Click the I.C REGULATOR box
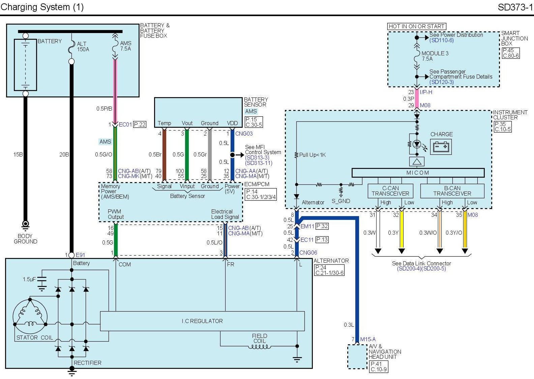coord(202,321)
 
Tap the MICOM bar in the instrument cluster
coord(418,173)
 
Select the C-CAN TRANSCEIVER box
coord(390,191)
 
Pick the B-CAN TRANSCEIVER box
coord(452,191)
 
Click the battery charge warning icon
coord(441,147)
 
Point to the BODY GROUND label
coord(25,238)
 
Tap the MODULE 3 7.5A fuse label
coord(435,56)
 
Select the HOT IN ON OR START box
coord(416,26)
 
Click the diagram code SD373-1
coord(515,7)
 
